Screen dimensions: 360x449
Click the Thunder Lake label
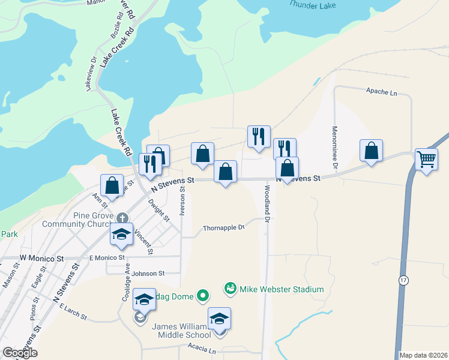(x=313, y=4)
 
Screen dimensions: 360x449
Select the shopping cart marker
(x=426, y=160)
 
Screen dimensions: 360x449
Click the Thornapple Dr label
(x=223, y=228)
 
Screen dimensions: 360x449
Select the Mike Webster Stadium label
(x=282, y=289)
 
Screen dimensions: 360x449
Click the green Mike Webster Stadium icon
(x=229, y=289)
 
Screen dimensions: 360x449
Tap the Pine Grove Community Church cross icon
(x=122, y=217)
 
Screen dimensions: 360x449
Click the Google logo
(x=20, y=353)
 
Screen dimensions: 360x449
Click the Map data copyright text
(x=423, y=355)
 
